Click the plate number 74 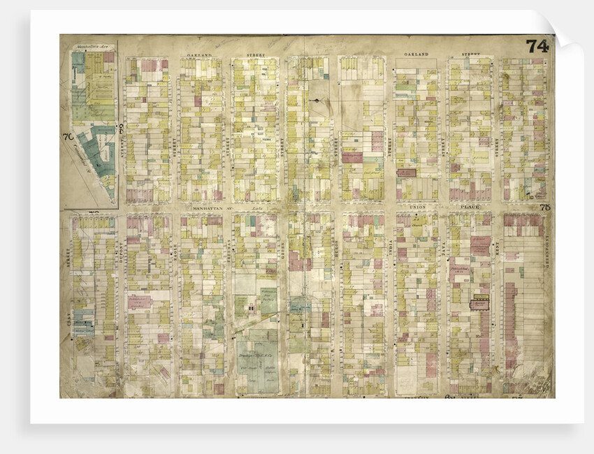click(x=537, y=46)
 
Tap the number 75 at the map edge click(x=545, y=207)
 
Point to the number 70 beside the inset click(x=68, y=136)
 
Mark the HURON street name click(x=336, y=256)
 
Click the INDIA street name click(x=390, y=256)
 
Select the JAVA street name click(x=443, y=256)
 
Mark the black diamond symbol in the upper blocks click(x=318, y=102)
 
